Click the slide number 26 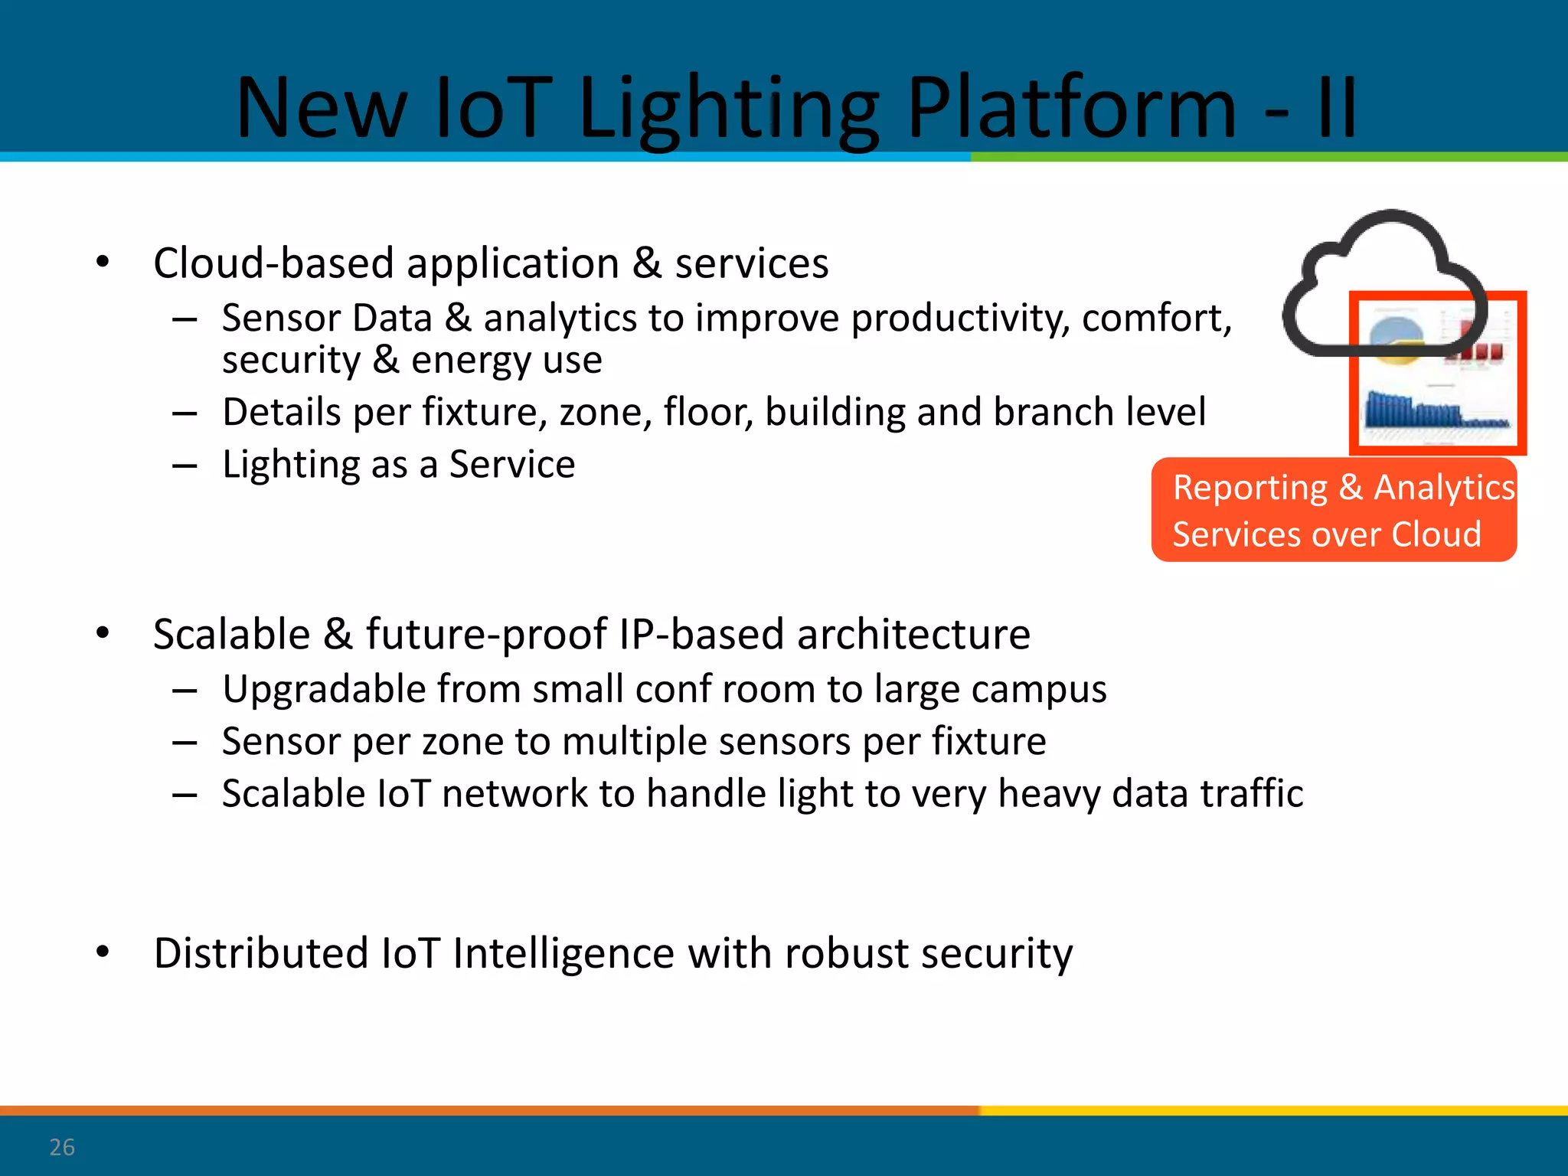[61, 1147]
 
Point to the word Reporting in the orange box [1250, 488]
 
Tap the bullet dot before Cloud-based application [103, 263]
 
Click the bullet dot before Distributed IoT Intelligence [103, 952]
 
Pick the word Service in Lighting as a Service [511, 464]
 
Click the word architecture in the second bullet [913, 634]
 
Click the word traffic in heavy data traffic [1251, 793]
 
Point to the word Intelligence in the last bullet [563, 953]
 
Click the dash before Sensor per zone [185, 742]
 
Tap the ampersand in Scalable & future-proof [338, 634]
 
